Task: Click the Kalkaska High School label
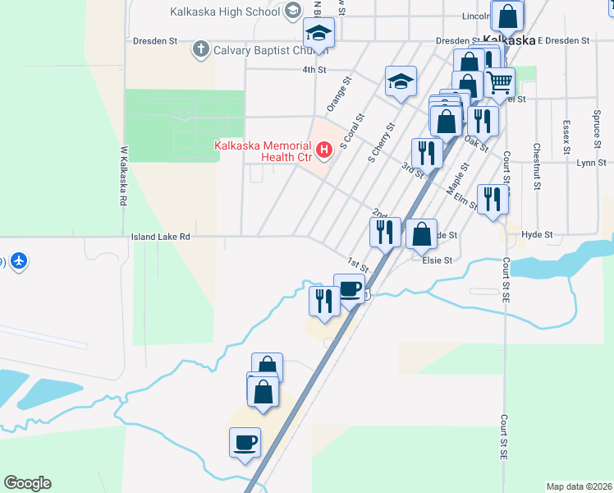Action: coord(224,12)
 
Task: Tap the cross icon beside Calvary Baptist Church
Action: coord(200,50)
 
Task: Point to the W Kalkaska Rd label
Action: coord(124,177)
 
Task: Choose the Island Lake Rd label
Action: coord(161,237)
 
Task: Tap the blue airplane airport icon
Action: coord(19,261)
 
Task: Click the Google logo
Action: coord(27,483)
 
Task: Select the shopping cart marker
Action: coord(500,82)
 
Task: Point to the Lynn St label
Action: coord(590,164)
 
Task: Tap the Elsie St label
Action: coord(437,260)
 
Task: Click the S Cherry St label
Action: coord(382,142)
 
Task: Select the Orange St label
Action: coord(338,94)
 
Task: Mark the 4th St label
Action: coord(314,70)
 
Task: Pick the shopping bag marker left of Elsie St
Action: coord(421,233)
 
